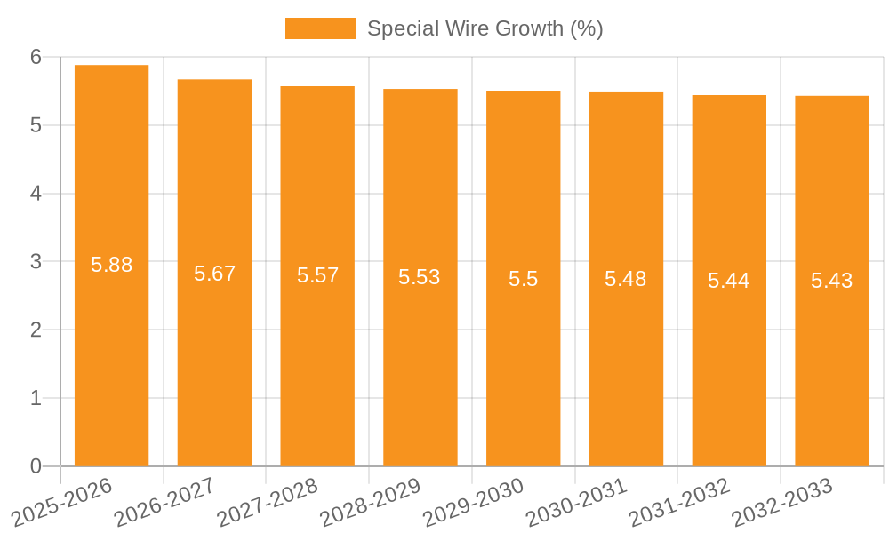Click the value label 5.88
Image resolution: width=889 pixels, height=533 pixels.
pos(112,265)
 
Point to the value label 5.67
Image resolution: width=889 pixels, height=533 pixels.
pos(215,274)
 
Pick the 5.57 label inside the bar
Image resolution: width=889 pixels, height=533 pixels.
pos(318,275)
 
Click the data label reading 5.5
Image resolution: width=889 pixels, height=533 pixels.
pos(524,279)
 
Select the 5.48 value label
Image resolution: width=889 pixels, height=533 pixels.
pos(626,279)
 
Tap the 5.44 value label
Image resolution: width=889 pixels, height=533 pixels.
pos(729,281)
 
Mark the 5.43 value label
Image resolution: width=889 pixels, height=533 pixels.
pos(832,281)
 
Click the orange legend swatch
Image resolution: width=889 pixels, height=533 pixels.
pos(320,28)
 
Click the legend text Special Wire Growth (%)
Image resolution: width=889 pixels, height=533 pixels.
pos(485,28)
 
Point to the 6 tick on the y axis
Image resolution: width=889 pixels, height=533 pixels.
pos(36,57)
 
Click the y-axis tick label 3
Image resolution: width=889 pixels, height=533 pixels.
pos(36,262)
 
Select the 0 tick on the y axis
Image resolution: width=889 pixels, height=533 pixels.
pos(36,466)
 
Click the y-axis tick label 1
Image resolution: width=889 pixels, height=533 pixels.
pos(36,398)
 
